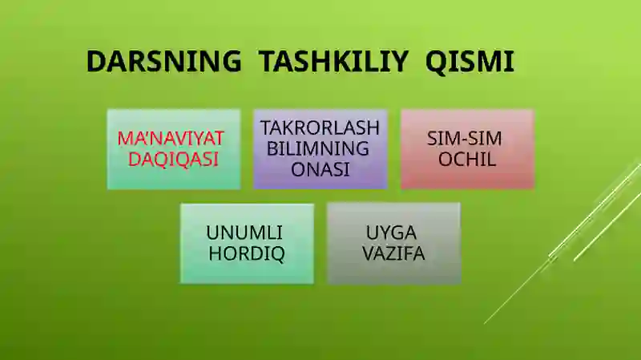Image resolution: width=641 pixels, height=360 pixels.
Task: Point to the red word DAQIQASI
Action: [x=174, y=158]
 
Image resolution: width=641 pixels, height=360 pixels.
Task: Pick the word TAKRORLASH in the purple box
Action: [x=320, y=128]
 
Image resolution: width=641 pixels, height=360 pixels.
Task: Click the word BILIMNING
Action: [x=318, y=148]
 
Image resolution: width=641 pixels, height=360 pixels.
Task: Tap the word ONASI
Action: [x=320, y=169]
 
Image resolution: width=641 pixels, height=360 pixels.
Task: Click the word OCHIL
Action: [x=467, y=159]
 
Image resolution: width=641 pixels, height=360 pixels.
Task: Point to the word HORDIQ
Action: [x=247, y=254]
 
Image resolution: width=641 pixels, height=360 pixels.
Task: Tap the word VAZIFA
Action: [x=393, y=254]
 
